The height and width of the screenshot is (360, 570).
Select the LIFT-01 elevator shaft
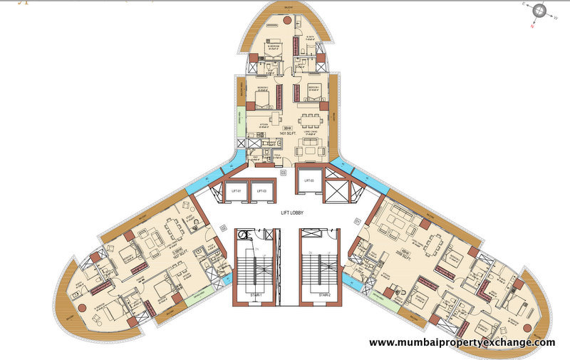(x=235, y=191)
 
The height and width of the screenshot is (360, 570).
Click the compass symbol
(x=539, y=11)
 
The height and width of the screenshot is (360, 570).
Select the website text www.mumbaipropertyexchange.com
(x=462, y=343)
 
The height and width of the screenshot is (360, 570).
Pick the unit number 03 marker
(x=283, y=172)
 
